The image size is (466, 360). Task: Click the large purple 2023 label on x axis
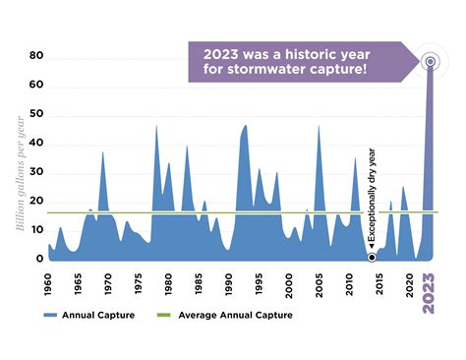pyautogui.click(x=429, y=292)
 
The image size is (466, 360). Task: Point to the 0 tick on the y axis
pyautogui.click(x=40, y=259)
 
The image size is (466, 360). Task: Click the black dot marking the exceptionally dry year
pyautogui.click(x=372, y=257)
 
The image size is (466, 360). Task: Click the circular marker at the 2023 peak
pyautogui.click(x=430, y=62)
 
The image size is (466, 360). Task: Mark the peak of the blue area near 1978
pyautogui.click(x=156, y=126)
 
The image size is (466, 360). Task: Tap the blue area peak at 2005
pyautogui.click(x=319, y=126)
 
